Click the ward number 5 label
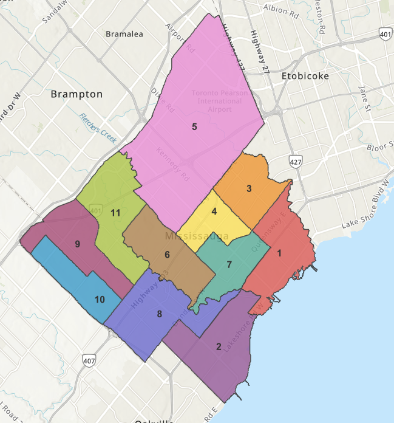pyautogui.click(x=194, y=126)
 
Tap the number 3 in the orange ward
pyautogui.click(x=249, y=188)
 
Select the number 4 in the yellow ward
pyautogui.click(x=214, y=211)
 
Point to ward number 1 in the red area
pyautogui.click(x=279, y=253)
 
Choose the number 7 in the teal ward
pyautogui.click(x=229, y=264)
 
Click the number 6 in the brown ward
pyautogui.click(x=167, y=254)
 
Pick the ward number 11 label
pyautogui.click(x=115, y=213)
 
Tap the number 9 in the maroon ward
pyautogui.click(x=78, y=244)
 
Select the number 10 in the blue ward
pyautogui.click(x=100, y=299)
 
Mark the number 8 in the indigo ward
pyautogui.click(x=159, y=314)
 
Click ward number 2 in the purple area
pyautogui.click(x=218, y=347)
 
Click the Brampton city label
pyautogui.click(x=76, y=94)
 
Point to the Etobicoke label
pyautogui.click(x=305, y=77)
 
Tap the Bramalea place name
pyautogui.click(x=124, y=34)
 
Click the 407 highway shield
pyautogui.click(x=89, y=360)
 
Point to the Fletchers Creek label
pyautogui.click(x=97, y=127)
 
